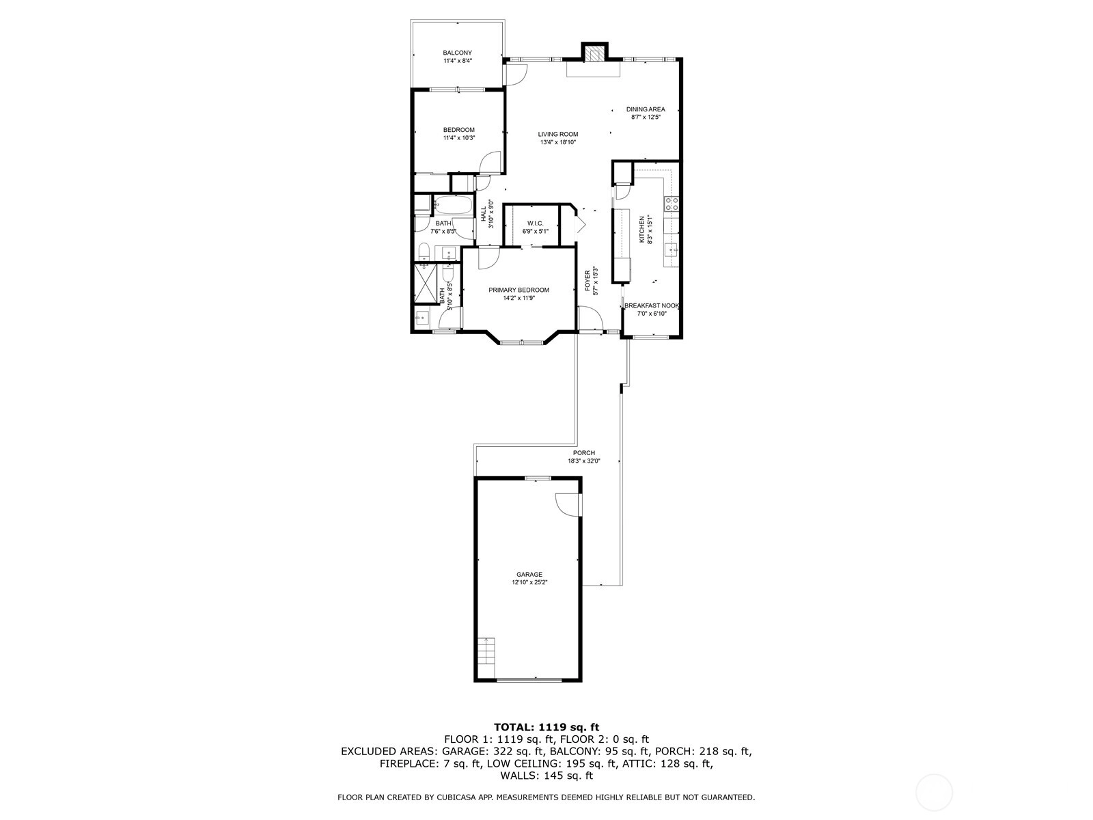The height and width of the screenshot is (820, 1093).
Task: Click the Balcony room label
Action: pos(457,53)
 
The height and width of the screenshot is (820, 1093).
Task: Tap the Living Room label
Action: pos(557,134)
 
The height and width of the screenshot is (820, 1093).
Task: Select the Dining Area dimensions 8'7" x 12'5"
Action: pos(646,118)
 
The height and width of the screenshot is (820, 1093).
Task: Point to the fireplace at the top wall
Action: pos(594,52)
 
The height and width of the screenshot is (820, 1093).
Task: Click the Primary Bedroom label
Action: pos(518,290)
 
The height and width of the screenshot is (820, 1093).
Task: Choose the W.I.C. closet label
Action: pos(536,223)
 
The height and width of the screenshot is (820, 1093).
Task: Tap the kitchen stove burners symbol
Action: pos(670,203)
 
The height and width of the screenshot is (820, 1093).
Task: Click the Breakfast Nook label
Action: pos(651,305)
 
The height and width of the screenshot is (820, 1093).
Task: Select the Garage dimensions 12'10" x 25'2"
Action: pos(529,582)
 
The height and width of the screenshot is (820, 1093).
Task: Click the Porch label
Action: pos(583,453)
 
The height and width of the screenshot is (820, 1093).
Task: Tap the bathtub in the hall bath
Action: pos(453,204)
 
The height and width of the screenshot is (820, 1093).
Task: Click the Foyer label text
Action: pos(587,281)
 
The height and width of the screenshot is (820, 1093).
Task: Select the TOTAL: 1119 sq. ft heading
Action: pos(546,727)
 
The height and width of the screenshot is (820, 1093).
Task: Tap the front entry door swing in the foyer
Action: pos(590,318)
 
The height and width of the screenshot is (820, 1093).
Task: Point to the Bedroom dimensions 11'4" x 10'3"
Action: pos(458,138)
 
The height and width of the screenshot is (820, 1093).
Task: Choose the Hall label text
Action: pos(482,214)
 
